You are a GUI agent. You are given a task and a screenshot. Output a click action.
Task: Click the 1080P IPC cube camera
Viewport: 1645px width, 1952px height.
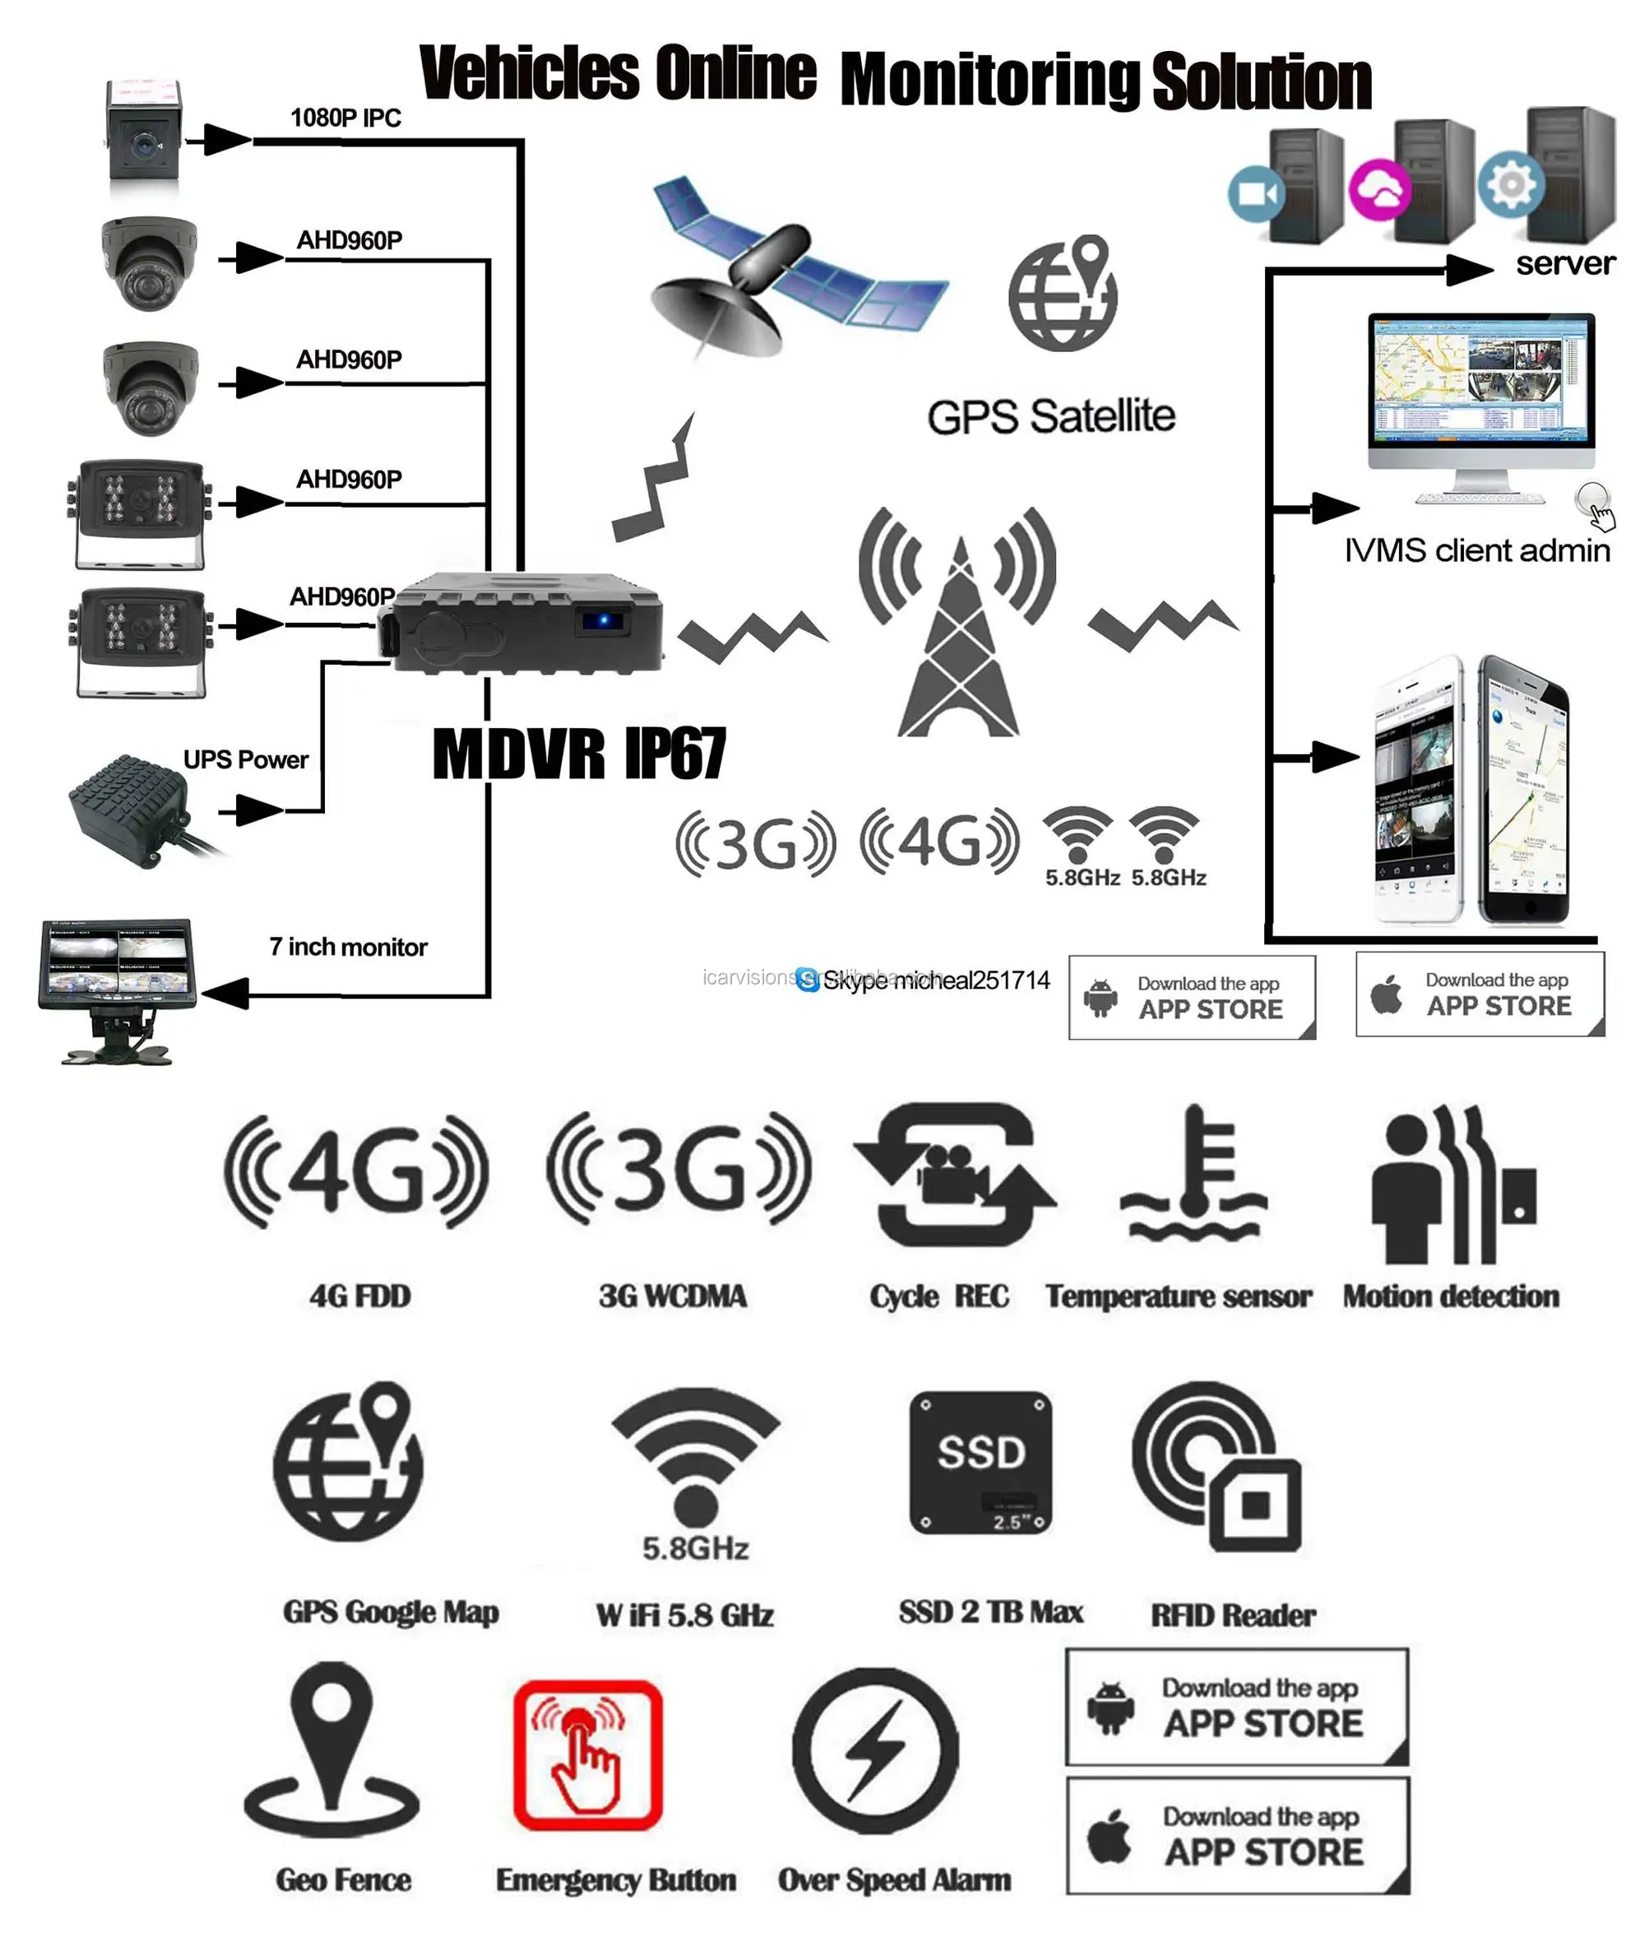click(x=142, y=140)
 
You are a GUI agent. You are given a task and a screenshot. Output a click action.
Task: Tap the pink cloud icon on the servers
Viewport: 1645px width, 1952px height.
click(x=1379, y=189)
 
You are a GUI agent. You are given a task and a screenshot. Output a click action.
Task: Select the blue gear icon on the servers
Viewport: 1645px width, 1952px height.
click(x=1510, y=183)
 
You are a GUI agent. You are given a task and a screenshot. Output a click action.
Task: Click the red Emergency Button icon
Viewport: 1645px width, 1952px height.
click(x=587, y=1754)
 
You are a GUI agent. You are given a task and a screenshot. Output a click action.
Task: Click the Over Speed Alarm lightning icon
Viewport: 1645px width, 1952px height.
click(x=874, y=1750)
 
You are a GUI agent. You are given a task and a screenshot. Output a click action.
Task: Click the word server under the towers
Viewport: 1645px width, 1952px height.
click(x=1564, y=264)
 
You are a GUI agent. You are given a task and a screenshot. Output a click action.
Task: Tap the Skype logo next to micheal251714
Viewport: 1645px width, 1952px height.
click(x=808, y=979)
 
